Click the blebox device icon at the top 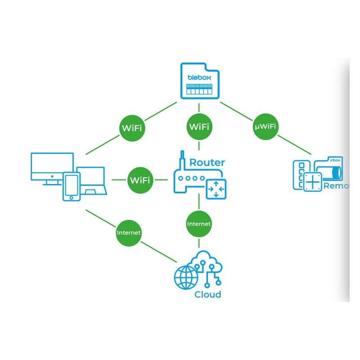199,81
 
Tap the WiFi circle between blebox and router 199,126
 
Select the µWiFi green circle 265,126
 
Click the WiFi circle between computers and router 140,180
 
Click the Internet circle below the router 199,223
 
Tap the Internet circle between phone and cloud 129,233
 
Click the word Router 207,162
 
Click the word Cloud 207,295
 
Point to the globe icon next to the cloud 186,278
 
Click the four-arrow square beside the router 216,188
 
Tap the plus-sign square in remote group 313,181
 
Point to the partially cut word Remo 336,185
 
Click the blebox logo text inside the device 199,77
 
